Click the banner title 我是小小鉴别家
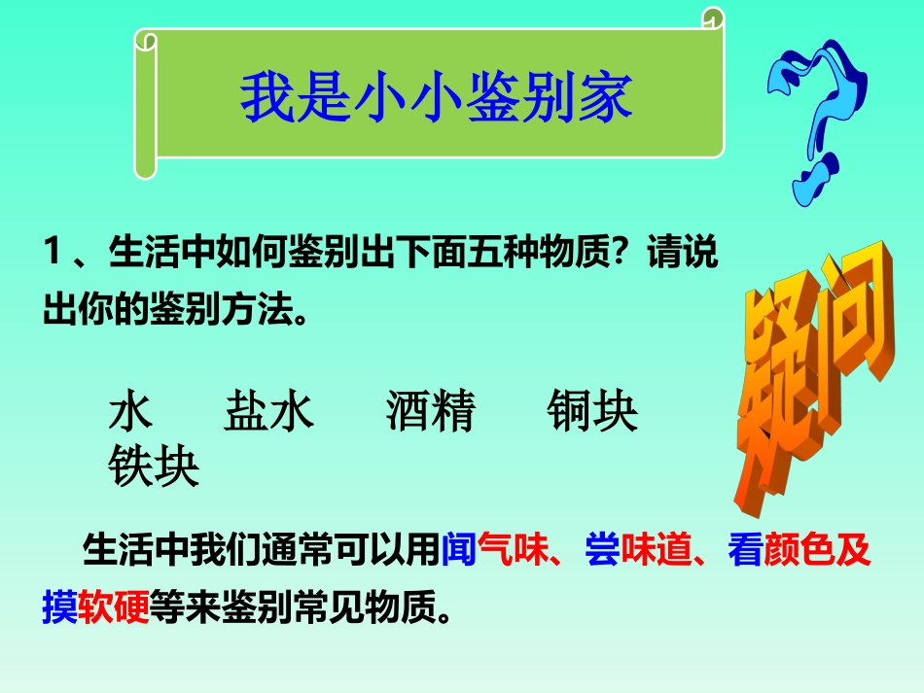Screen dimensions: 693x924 (x=437, y=98)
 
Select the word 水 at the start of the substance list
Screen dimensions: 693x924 (x=132, y=411)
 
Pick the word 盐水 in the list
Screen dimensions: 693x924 (x=269, y=411)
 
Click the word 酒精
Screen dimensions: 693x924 (x=430, y=411)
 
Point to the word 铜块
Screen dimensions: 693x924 (x=592, y=411)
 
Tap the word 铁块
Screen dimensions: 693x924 (x=154, y=468)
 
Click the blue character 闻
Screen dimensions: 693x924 (x=458, y=551)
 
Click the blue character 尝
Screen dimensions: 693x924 (x=601, y=551)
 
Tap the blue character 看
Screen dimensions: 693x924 (x=745, y=551)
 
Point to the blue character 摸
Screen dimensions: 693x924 (x=59, y=606)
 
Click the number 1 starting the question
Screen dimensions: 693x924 (x=53, y=256)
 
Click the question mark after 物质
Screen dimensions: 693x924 (x=622, y=256)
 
